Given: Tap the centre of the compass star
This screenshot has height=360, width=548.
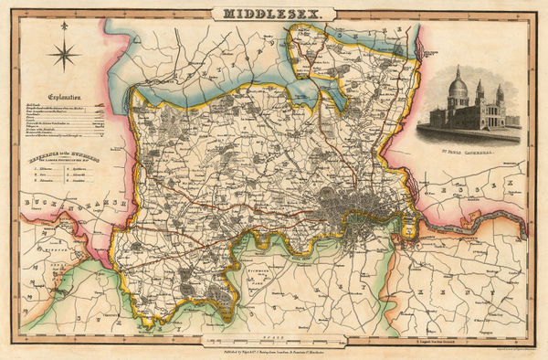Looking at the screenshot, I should click(x=67, y=58).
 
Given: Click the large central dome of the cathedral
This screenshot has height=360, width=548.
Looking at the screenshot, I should click(x=458, y=89).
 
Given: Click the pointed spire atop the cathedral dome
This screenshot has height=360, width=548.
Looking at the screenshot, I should click(x=458, y=69).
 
